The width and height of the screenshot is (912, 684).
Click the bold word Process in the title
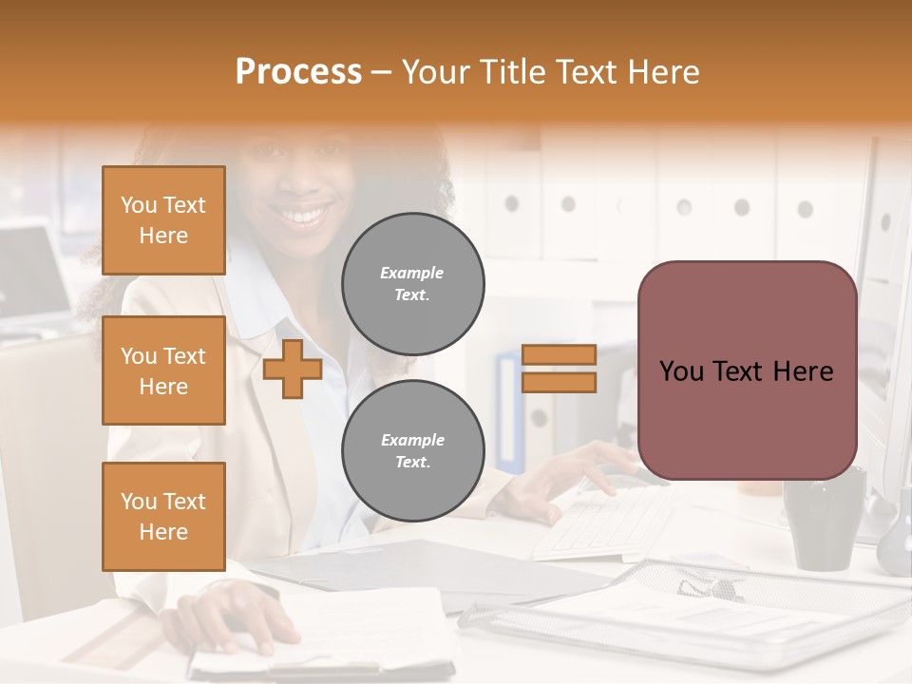pyautogui.click(x=298, y=72)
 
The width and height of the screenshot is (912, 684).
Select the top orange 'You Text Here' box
pyautogui.click(x=163, y=220)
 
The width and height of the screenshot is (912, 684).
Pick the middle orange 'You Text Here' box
pyautogui.click(x=163, y=370)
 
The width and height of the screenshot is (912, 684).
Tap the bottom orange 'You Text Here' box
pyautogui.click(x=163, y=517)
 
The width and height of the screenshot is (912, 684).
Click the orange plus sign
pyautogui.click(x=293, y=369)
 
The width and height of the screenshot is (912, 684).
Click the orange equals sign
pyautogui.click(x=559, y=369)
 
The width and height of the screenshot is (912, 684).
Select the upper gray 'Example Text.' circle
pyautogui.click(x=412, y=284)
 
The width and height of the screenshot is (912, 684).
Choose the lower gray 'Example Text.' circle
pyautogui.click(x=412, y=451)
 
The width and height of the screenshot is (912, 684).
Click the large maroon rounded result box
pyautogui.click(x=747, y=370)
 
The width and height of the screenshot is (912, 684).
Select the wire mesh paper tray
pyautogui.click(x=693, y=608)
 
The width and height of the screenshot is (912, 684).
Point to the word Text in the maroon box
pyautogui.click(x=747, y=370)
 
